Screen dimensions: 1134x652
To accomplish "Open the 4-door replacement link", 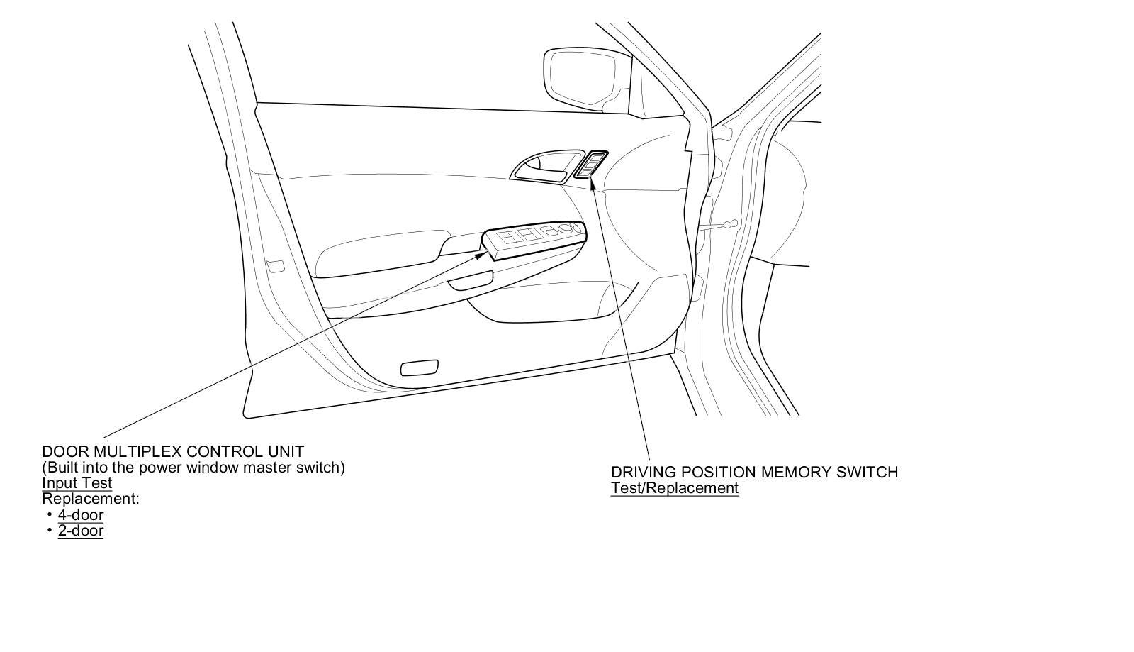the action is tap(81, 515).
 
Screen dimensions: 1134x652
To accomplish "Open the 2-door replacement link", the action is tap(81, 531).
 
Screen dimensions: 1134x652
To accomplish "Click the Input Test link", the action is tap(77, 483).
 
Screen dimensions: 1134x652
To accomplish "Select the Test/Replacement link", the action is tap(675, 488).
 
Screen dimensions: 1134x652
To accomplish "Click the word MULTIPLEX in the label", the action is tap(137, 451).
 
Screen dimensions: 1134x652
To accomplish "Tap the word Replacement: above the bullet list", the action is tap(91, 499).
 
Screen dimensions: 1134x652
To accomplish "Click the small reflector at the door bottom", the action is tap(420, 368).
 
